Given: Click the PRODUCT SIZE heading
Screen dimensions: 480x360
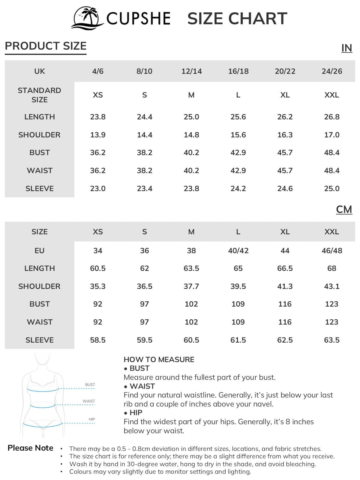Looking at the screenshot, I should click(46, 46).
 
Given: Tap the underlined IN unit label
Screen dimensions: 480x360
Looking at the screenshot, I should click(346, 48).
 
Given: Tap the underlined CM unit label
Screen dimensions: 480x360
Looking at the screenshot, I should click(344, 209).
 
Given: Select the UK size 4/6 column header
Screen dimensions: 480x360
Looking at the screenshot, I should click(98, 71).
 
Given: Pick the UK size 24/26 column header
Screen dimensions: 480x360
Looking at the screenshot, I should click(332, 71).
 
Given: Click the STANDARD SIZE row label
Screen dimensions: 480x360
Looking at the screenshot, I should click(39, 95).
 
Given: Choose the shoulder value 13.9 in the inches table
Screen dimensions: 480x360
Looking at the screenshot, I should click(98, 135).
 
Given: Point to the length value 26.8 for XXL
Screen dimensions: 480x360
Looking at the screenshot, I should click(332, 117).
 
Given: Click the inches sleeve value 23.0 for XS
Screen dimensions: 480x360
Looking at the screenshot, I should click(98, 188).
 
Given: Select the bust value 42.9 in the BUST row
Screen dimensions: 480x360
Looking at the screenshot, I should click(238, 152).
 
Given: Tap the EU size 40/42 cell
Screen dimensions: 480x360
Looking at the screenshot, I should click(238, 250).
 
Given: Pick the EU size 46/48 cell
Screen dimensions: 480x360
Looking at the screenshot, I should click(332, 250).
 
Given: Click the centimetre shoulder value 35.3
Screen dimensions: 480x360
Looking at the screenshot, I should click(98, 286).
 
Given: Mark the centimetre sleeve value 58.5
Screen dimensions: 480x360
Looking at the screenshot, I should click(98, 340).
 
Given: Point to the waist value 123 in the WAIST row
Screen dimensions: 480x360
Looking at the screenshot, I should click(332, 322).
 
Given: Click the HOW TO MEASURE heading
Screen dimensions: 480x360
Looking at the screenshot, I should click(159, 359).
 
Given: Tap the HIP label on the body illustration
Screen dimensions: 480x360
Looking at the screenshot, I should click(92, 419).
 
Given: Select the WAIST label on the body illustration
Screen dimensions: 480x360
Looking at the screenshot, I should click(89, 401).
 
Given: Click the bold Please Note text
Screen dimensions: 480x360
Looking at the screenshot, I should click(30, 448).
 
